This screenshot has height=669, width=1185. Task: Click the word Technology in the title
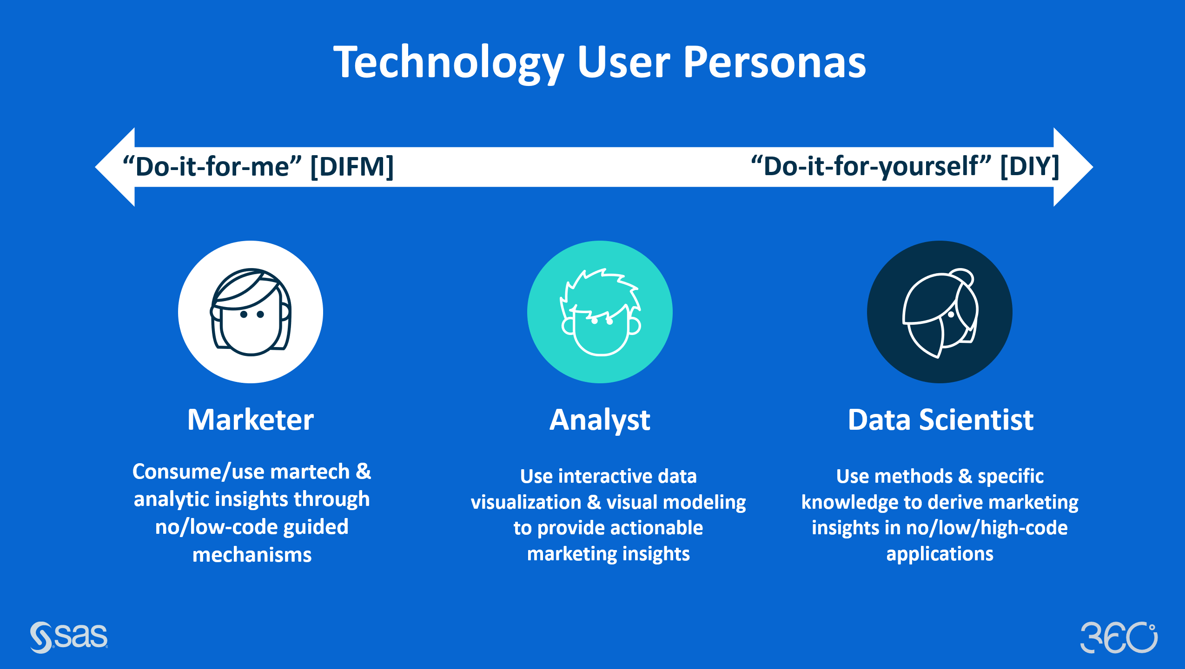click(449, 63)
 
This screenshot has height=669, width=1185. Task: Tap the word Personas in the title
click(774, 63)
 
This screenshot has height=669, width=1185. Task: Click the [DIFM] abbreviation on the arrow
click(352, 166)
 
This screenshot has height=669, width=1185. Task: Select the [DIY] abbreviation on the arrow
click(1029, 166)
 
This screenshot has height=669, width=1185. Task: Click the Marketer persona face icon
click(251, 312)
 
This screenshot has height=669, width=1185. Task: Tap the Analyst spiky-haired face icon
click(600, 312)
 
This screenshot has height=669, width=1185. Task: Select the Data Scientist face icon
click(940, 312)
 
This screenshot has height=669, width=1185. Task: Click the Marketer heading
click(251, 420)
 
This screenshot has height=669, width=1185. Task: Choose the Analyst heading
click(600, 420)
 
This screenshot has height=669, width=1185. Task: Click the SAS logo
click(69, 636)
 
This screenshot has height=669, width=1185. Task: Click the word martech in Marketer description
click(310, 472)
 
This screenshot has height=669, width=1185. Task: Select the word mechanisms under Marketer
click(252, 555)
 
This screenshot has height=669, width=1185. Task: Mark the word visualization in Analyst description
click(526, 502)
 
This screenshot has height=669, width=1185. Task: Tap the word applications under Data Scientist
click(940, 554)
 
